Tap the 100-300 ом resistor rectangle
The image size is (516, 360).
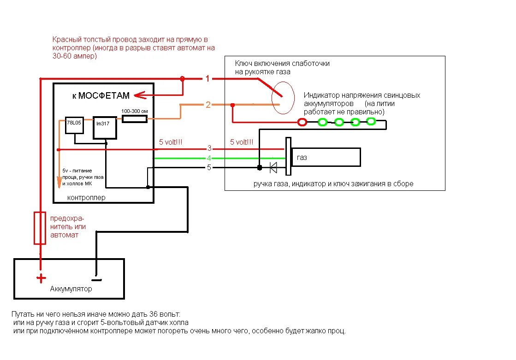(x=134, y=119)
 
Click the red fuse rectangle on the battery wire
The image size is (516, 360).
(x=40, y=228)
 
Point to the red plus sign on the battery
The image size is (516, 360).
(x=41, y=278)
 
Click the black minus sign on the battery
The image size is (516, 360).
(x=96, y=279)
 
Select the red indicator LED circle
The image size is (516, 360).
(x=302, y=122)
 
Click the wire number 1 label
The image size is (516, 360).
(x=208, y=79)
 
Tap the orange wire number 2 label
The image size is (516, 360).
(x=208, y=105)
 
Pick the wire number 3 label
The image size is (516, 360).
(x=209, y=148)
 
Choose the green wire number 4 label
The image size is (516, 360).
(x=209, y=158)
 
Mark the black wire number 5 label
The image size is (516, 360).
(x=209, y=167)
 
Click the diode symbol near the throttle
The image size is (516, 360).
(x=273, y=167)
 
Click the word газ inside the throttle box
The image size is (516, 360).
(x=302, y=157)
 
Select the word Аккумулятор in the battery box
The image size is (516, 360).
(x=71, y=289)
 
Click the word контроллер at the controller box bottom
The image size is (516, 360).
(x=86, y=198)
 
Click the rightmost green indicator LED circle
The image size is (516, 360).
(x=371, y=122)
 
